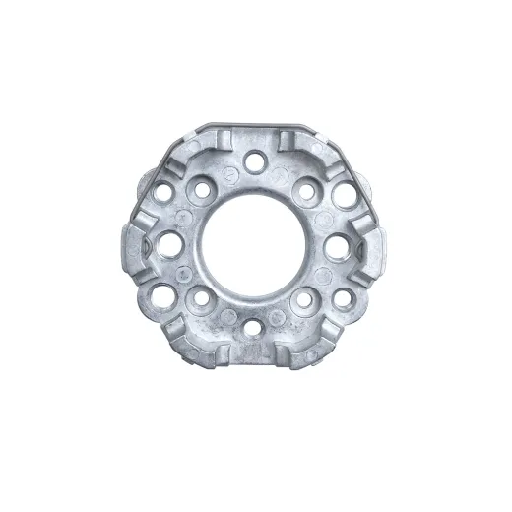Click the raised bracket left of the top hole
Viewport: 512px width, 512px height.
[x=215, y=144]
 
